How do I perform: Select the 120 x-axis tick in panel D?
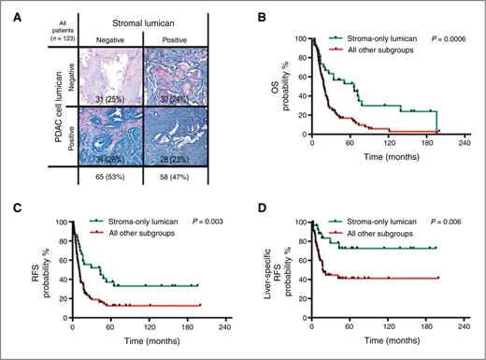coord(388,326)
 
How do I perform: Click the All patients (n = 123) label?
coord(28,23)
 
